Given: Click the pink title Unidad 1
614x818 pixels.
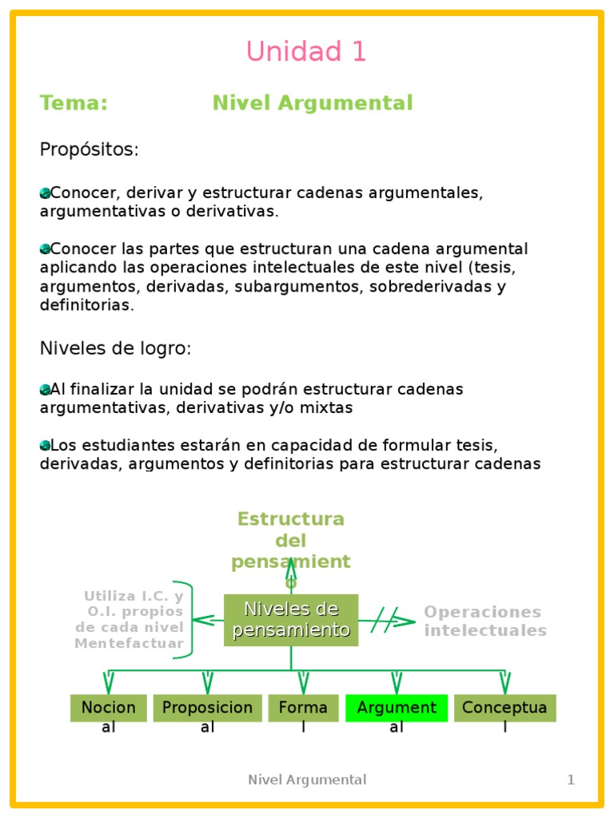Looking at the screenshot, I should click(x=306, y=52).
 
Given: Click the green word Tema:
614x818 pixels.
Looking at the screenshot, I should click(x=74, y=103).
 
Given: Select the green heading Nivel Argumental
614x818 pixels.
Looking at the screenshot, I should click(x=313, y=103).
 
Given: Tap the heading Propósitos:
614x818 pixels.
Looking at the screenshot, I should click(x=90, y=149).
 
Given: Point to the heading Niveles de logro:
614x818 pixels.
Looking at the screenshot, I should click(x=116, y=349).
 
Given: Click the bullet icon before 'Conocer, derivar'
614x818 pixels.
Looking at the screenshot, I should click(x=45, y=193).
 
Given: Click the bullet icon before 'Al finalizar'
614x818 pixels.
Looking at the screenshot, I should click(x=45, y=390).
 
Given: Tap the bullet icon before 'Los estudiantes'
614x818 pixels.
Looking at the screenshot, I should click(x=45, y=445).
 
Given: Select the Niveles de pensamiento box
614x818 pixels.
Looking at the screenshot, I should click(x=291, y=620).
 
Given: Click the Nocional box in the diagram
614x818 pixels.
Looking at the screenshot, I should click(x=109, y=708).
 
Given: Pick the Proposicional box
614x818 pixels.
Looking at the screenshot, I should click(x=207, y=708).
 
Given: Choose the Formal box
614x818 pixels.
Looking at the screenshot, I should click(x=303, y=708).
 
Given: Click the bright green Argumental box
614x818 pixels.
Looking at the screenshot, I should click(x=397, y=708).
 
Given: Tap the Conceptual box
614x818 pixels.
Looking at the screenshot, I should click(x=504, y=708).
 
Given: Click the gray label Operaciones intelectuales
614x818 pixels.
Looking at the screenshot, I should click(x=484, y=621).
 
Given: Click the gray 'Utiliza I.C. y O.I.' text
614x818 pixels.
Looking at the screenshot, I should click(x=130, y=620).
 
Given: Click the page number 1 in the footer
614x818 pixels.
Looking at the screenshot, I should click(x=571, y=780).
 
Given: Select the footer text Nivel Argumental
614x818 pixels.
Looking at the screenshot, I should click(x=307, y=780).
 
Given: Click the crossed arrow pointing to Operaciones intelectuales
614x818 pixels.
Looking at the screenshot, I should click(x=387, y=621).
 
